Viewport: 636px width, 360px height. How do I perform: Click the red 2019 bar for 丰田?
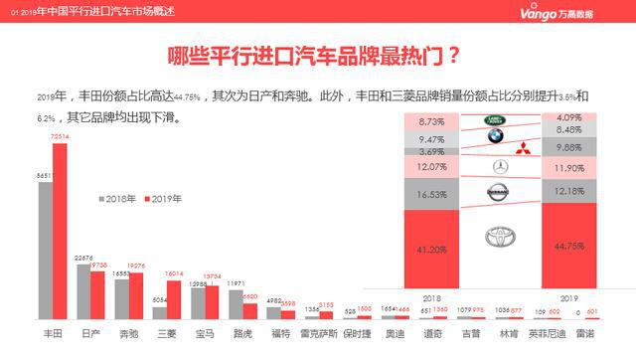(60, 229)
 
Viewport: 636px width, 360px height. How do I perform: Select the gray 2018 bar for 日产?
(83, 288)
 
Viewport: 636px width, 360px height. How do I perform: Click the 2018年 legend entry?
(117, 199)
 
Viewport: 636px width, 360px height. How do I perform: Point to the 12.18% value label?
(569, 190)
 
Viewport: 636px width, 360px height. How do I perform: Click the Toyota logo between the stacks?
(500, 238)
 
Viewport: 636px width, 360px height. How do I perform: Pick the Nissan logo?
(500, 191)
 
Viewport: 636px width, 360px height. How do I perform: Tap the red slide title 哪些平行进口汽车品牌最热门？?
(317, 55)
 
